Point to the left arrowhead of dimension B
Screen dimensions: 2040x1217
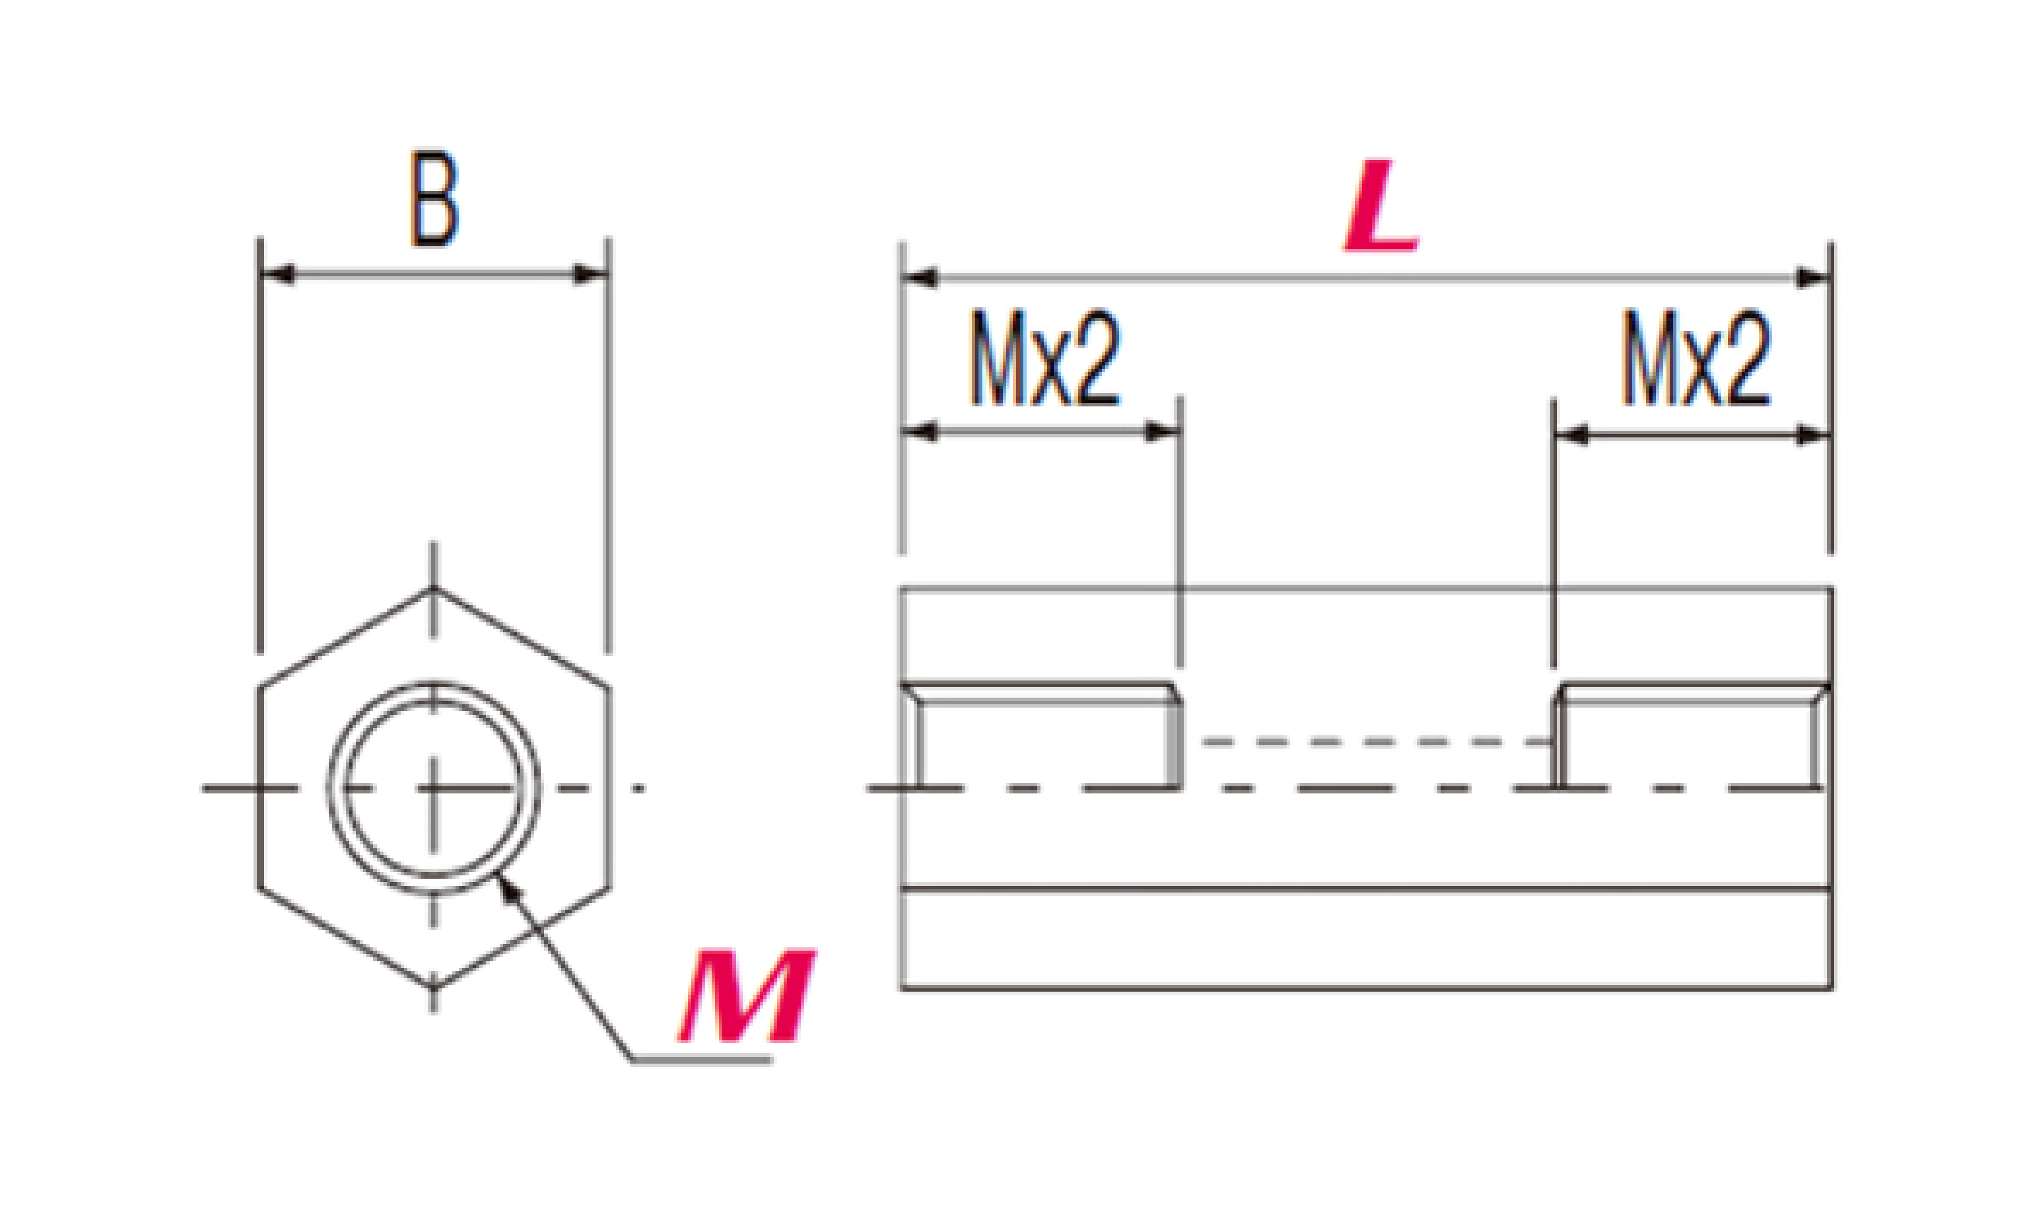point(277,274)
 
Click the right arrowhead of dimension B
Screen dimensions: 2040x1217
point(590,274)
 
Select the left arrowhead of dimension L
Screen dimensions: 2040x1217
point(919,279)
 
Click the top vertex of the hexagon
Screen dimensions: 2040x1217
point(433,588)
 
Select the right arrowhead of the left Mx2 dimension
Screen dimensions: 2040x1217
point(1162,431)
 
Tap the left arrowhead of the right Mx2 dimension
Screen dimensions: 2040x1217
point(1571,436)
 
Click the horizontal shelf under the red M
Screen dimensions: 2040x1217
point(702,1060)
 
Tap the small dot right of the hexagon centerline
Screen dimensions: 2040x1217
point(640,789)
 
